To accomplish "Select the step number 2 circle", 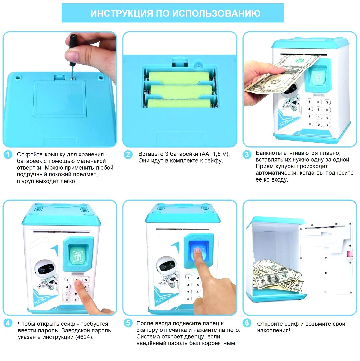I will click(x=128, y=154).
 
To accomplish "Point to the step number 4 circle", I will click(x=8, y=324).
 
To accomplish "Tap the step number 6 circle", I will click(x=247, y=323).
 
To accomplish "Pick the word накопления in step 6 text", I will click(x=272, y=331).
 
